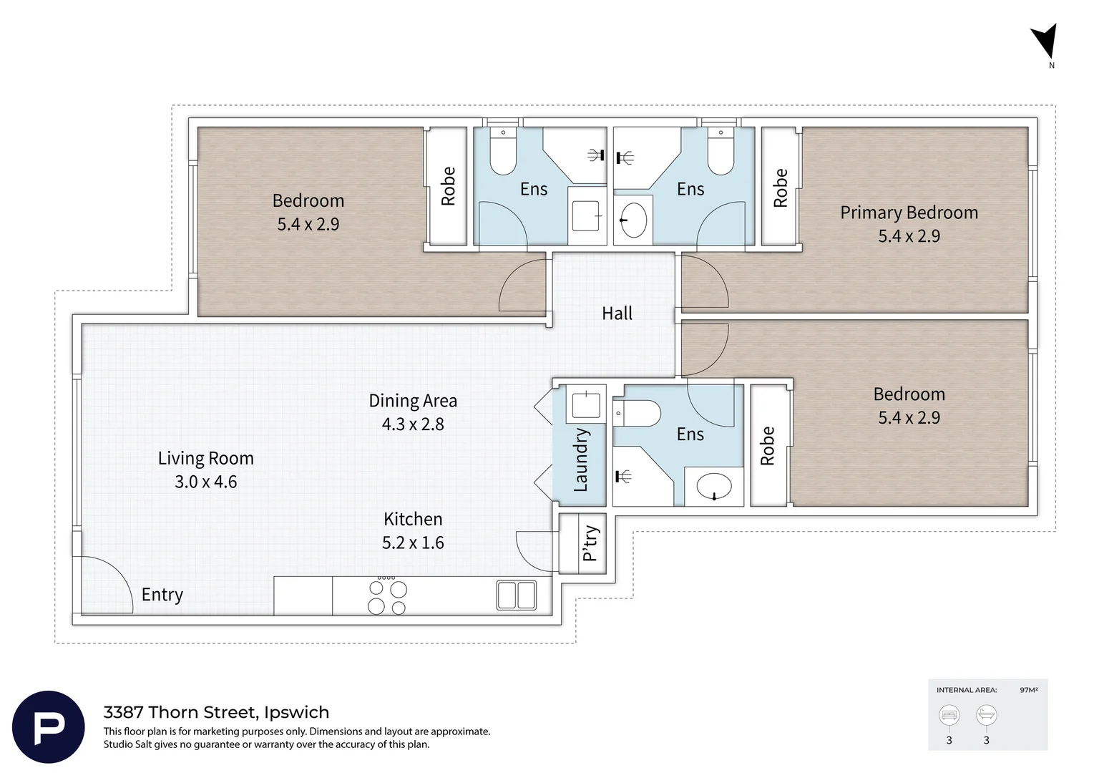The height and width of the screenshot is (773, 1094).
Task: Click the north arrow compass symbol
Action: (1045, 43)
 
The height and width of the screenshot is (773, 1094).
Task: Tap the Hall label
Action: (617, 313)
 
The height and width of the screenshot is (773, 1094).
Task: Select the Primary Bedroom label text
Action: (909, 213)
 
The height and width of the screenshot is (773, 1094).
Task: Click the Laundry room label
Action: (580, 460)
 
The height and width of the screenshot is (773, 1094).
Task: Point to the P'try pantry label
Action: (590, 543)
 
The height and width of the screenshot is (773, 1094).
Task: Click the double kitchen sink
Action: (516, 595)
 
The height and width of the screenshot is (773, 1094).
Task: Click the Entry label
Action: (162, 595)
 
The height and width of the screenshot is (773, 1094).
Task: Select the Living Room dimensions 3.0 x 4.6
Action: (205, 482)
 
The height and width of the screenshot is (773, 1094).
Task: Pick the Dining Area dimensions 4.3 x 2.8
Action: (413, 424)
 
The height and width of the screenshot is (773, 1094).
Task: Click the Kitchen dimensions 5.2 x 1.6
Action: (413, 543)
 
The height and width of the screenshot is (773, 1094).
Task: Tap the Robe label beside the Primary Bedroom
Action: (780, 188)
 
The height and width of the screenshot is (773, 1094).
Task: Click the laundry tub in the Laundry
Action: (586, 404)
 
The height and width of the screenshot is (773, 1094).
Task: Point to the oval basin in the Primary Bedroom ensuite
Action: (633, 220)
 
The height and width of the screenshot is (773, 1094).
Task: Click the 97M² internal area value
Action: (1029, 690)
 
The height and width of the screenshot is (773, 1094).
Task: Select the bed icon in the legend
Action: (949, 715)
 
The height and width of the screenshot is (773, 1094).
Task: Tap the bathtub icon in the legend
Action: (986, 715)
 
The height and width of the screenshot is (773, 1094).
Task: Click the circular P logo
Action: (49, 727)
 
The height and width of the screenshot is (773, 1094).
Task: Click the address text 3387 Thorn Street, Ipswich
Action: (216, 712)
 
